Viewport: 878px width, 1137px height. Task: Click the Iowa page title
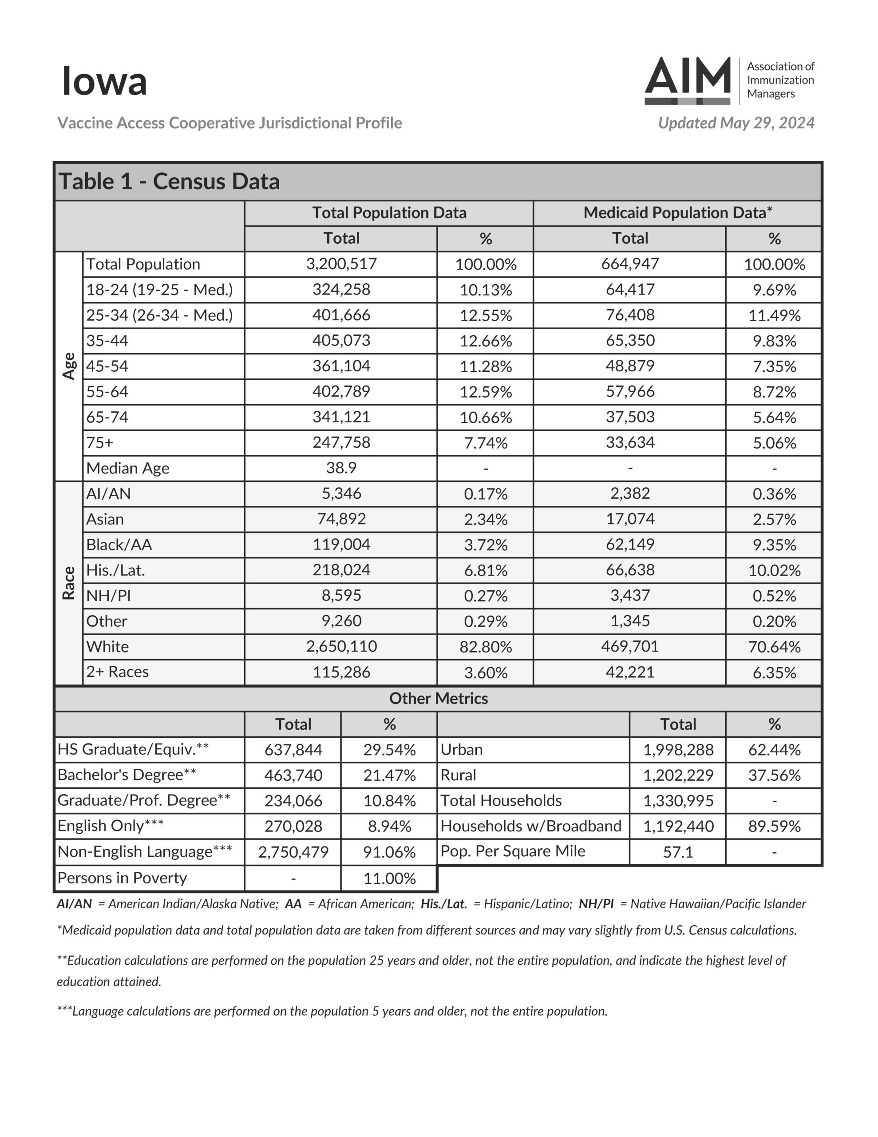[104, 81]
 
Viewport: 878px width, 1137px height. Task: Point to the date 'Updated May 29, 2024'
[736, 123]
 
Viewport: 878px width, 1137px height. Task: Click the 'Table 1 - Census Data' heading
[169, 181]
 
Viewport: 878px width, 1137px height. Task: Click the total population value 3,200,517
[341, 264]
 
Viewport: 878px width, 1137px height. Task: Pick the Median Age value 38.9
[341, 468]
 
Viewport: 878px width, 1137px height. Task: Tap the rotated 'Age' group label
[69, 366]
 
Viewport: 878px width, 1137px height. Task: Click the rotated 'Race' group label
[69, 583]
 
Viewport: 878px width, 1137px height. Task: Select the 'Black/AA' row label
[119, 545]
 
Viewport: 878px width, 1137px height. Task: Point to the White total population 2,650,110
[341, 646]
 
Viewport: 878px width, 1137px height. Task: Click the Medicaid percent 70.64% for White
[774, 647]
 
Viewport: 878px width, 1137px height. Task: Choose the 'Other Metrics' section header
[438, 698]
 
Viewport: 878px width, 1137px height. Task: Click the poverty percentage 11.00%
[389, 878]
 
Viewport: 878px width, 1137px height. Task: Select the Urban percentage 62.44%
[774, 750]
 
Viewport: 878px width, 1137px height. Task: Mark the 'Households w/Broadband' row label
[531, 826]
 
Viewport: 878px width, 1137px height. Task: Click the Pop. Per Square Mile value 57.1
[678, 852]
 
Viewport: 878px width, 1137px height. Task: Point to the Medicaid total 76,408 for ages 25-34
[630, 315]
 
